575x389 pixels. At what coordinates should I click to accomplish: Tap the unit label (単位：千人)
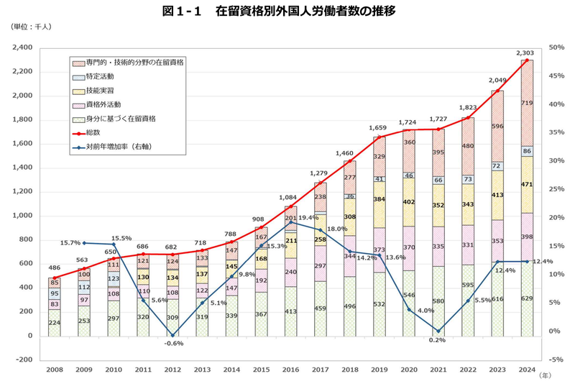(31, 27)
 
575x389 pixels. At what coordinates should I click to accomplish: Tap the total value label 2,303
(525, 53)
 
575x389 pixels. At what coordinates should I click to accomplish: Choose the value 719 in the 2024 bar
(528, 104)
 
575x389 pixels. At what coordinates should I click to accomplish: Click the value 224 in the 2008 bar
(55, 323)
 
